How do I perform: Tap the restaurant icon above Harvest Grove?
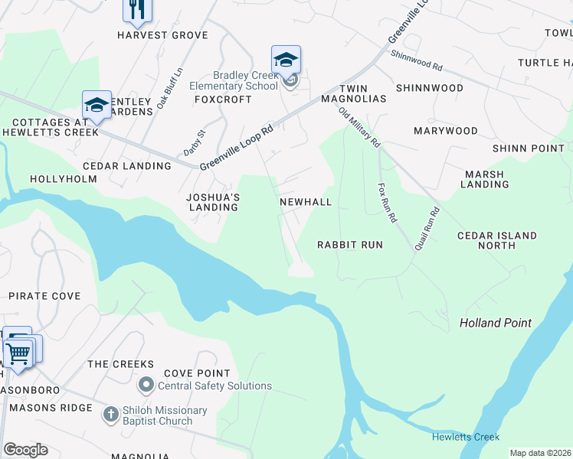[x=137, y=9]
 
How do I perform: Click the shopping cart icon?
[x=18, y=353]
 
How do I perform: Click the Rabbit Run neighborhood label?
[x=350, y=245]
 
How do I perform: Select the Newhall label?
[x=306, y=202]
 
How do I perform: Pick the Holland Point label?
[x=495, y=323]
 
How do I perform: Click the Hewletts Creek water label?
[x=465, y=437]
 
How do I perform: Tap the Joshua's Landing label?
[x=214, y=202]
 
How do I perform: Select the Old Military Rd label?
[x=359, y=127]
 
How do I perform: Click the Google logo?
[x=25, y=450]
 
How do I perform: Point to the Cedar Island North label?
[x=496, y=240]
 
